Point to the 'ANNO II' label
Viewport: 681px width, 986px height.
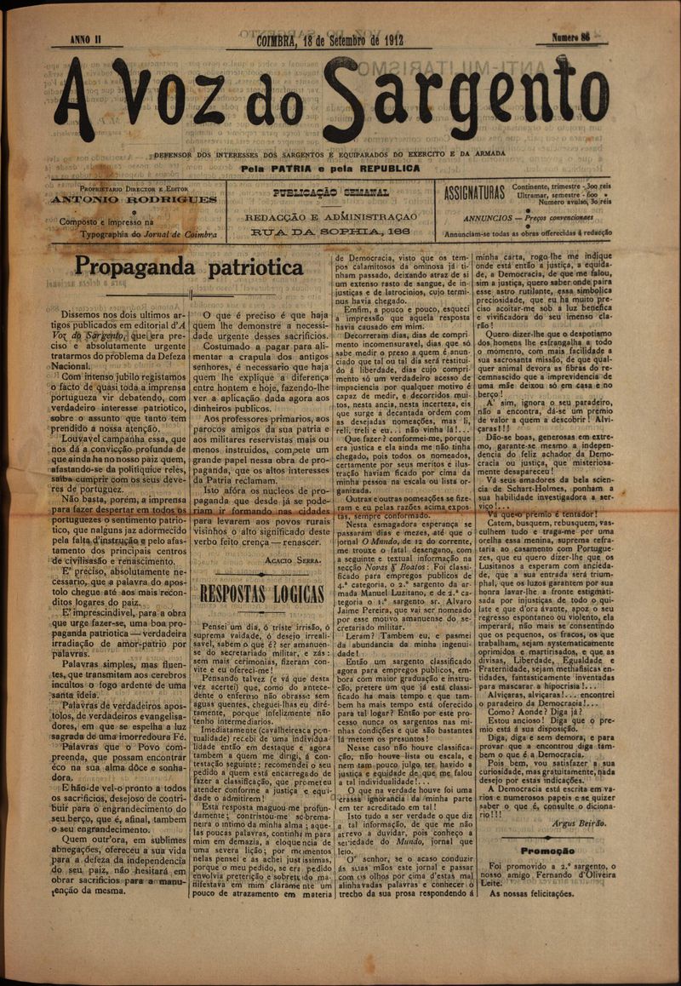87,40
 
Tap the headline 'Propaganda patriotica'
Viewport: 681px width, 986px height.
189,267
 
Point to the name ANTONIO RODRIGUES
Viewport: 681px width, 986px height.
134,200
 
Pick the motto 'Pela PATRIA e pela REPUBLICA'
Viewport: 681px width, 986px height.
330,168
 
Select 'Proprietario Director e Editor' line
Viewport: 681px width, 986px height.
134,188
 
